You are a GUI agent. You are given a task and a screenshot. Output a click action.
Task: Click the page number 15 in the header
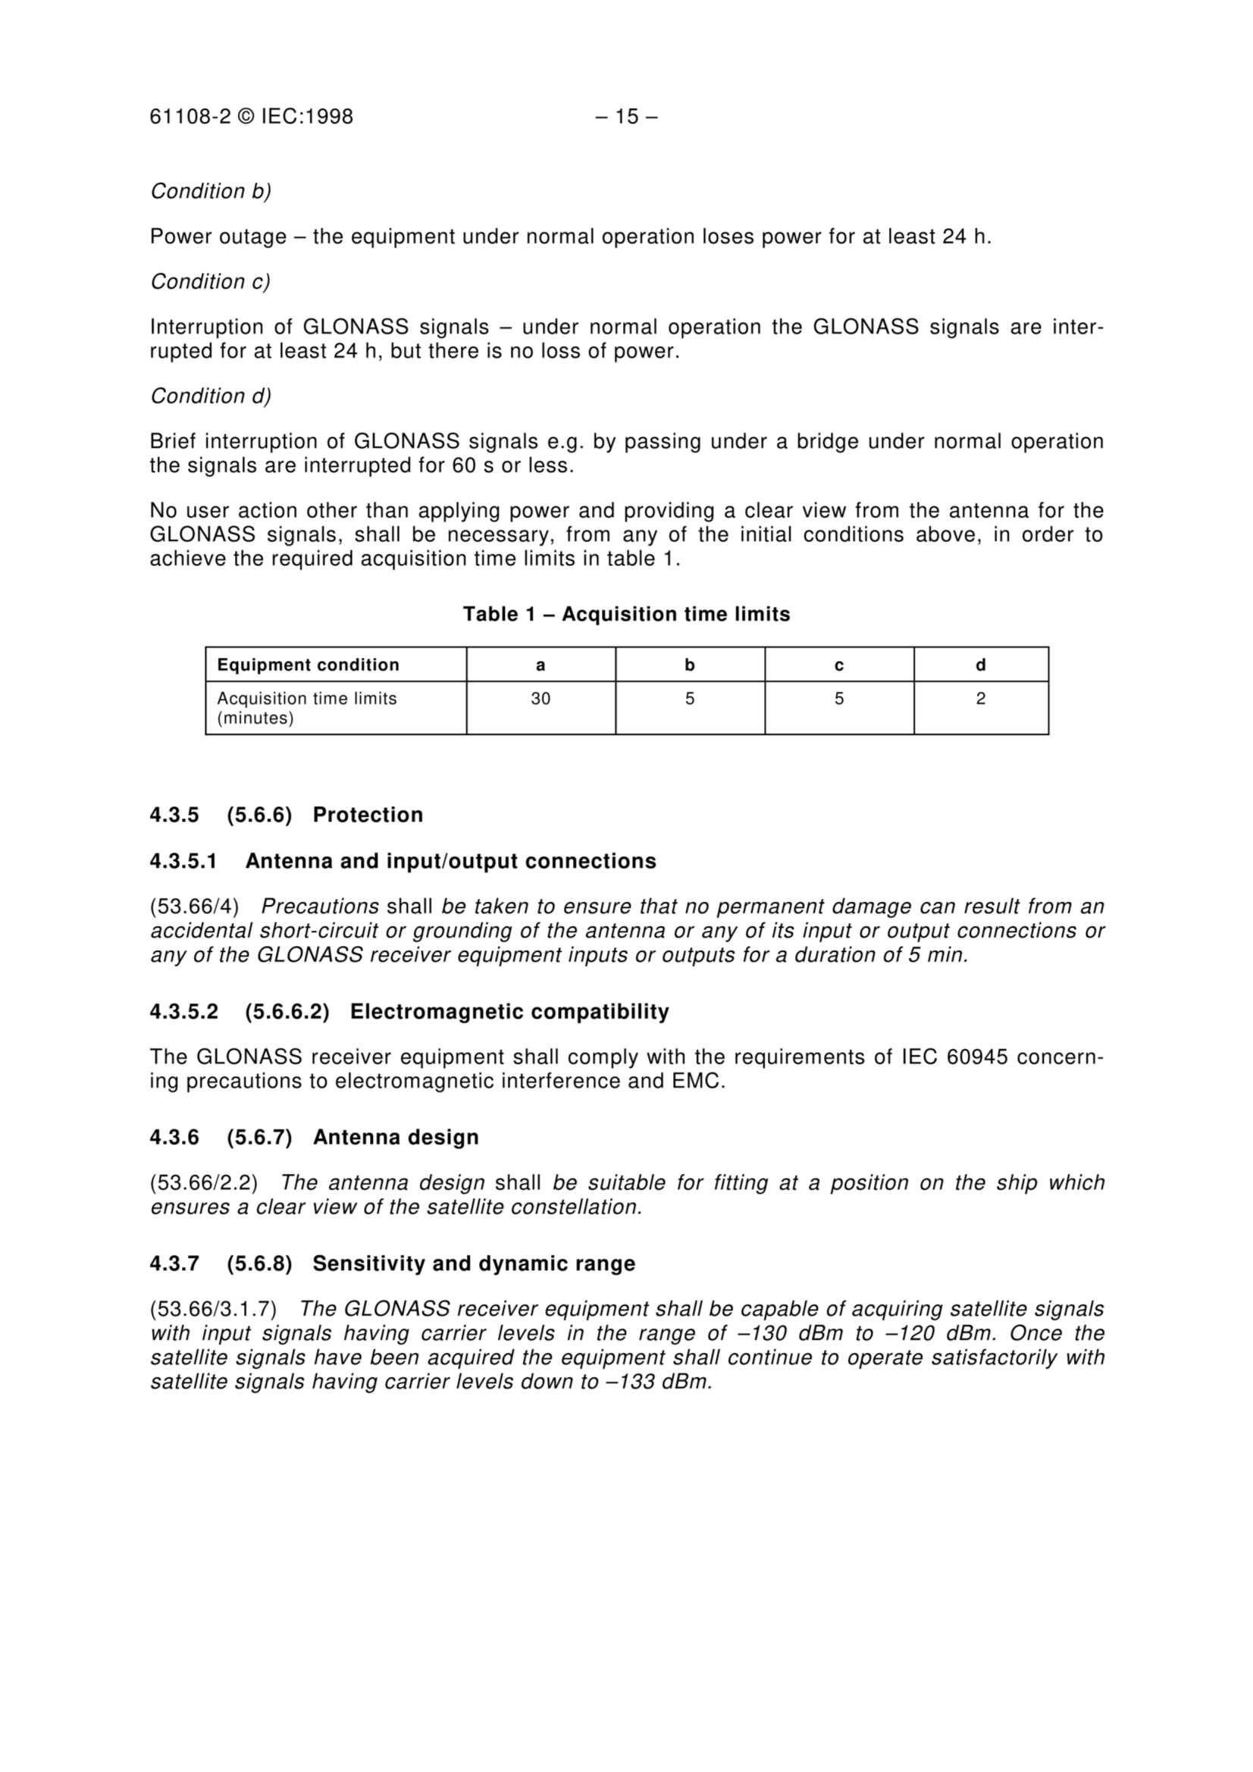[x=626, y=117]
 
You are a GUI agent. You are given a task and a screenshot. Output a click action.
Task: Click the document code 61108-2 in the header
[x=190, y=117]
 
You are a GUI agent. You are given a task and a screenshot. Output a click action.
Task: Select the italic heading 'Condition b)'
[x=211, y=192]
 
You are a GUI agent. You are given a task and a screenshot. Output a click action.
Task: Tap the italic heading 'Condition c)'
[x=211, y=282]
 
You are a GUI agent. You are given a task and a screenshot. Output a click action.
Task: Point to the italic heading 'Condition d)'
[x=211, y=396]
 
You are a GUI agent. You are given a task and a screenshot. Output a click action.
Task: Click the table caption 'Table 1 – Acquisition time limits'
[x=626, y=615]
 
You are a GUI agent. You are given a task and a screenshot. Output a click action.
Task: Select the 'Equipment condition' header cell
[x=308, y=665]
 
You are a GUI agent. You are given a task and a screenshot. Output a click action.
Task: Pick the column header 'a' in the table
[x=540, y=665]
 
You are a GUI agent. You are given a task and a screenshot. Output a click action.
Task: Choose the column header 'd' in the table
[x=980, y=665]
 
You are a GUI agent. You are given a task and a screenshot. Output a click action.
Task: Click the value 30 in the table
[x=540, y=700]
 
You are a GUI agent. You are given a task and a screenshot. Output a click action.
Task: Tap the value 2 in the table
[x=980, y=700]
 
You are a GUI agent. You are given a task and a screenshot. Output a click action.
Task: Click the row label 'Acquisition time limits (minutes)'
[x=306, y=708]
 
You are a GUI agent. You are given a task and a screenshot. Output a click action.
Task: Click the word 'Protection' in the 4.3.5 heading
[x=368, y=815]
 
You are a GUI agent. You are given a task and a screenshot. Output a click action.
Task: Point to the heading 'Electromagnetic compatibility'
[x=509, y=1012]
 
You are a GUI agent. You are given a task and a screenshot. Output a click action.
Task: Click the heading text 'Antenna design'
[x=395, y=1138]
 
